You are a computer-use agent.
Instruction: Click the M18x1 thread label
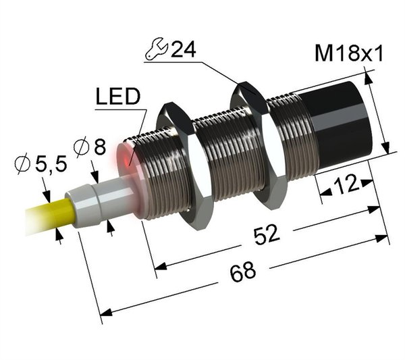[348, 53]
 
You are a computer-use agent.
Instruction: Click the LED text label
[117, 96]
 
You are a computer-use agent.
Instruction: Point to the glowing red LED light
[127, 160]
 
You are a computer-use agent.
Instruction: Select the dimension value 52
[267, 234]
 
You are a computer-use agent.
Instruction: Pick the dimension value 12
[347, 184]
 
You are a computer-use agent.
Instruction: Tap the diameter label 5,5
[51, 164]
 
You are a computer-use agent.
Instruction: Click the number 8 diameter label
[100, 147]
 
